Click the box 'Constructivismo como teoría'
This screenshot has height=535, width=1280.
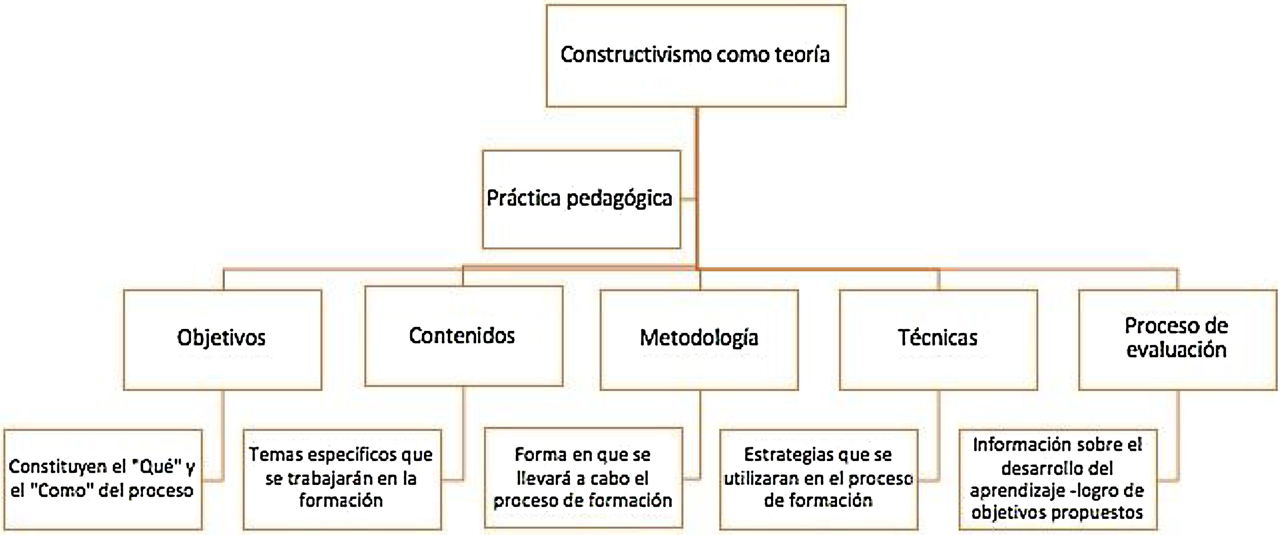696,56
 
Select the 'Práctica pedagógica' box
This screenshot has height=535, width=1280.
581,199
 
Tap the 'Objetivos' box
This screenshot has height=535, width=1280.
222,340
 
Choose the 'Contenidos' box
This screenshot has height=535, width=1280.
463,336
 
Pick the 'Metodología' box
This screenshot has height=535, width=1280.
699,340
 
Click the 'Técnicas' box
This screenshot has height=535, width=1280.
938,340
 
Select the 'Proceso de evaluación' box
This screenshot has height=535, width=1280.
1177,340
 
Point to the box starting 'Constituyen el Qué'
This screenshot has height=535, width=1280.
103,479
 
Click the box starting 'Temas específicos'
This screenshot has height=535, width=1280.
342,479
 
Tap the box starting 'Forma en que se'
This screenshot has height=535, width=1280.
583,478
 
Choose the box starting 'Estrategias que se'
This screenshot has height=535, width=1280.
818,479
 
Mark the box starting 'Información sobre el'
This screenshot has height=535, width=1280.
1057,479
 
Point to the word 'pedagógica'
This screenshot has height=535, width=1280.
619,199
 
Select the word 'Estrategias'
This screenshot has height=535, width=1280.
780,455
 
